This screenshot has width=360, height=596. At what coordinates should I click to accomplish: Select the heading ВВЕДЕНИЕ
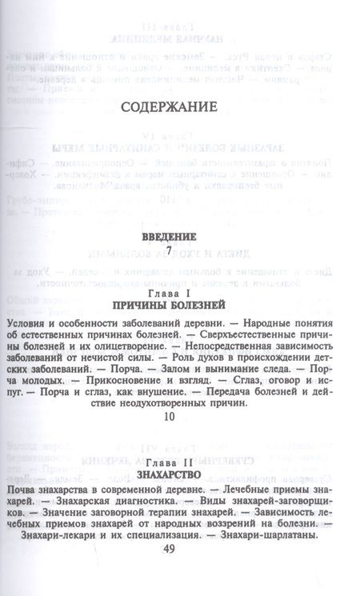coord(168,238)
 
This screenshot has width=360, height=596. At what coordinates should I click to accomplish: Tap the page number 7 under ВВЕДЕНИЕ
coord(168,251)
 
